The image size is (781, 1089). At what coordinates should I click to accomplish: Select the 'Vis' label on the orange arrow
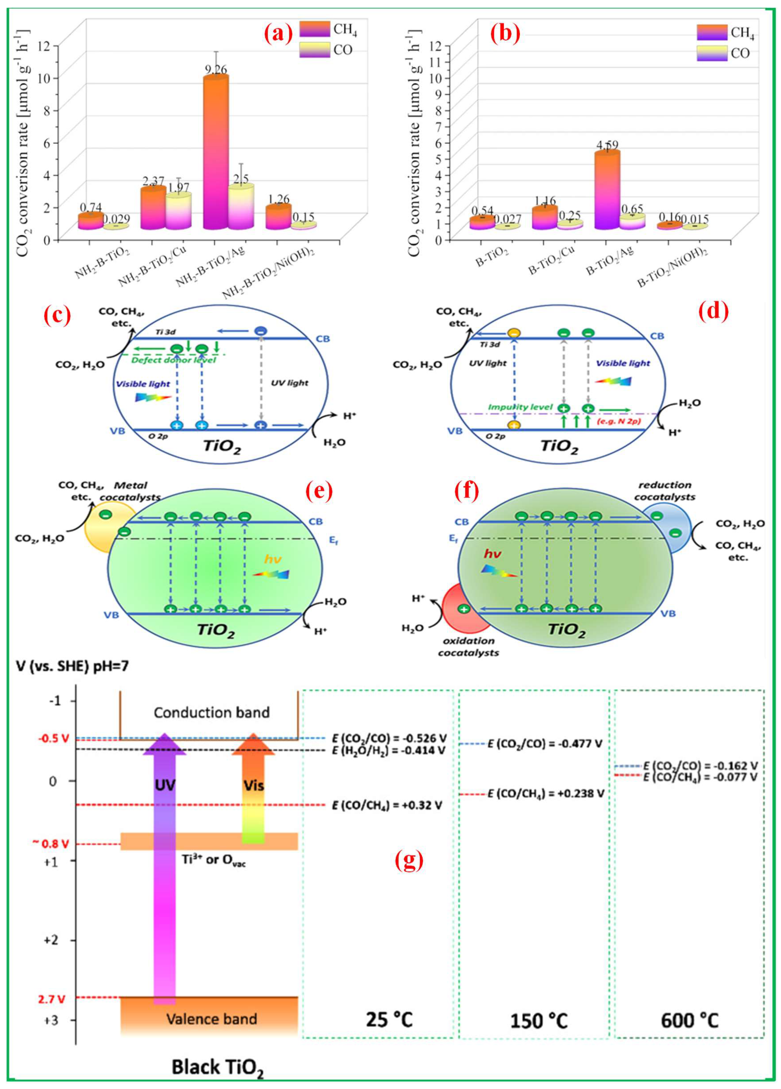pyautogui.click(x=253, y=786)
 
